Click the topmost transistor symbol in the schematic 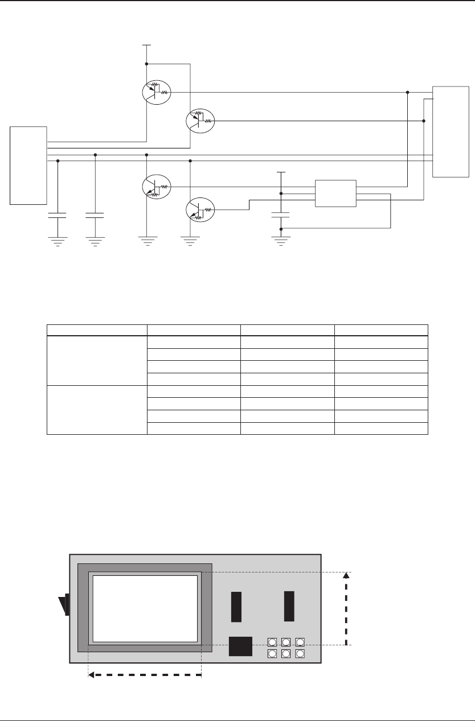click(x=156, y=93)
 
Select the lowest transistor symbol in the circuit click(x=200, y=211)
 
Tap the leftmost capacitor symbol click(x=58, y=216)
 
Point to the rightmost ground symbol click(x=280, y=240)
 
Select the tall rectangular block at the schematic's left click(x=28, y=164)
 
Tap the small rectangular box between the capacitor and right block click(x=335, y=193)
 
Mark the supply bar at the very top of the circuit click(x=146, y=44)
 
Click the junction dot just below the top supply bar click(x=146, y=64)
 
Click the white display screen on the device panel click(x=145, y=608)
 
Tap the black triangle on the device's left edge click(x=64, y=604)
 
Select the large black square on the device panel click(x=240, y=646)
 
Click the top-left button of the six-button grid click(x=272, y=642)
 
